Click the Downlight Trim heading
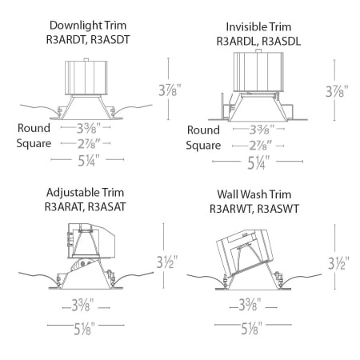point(85,25)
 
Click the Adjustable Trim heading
point(85,193)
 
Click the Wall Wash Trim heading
point(254,194)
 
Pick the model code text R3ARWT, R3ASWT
point(254,207)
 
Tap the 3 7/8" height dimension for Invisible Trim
point(341,89)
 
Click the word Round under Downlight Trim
point(34,128)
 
